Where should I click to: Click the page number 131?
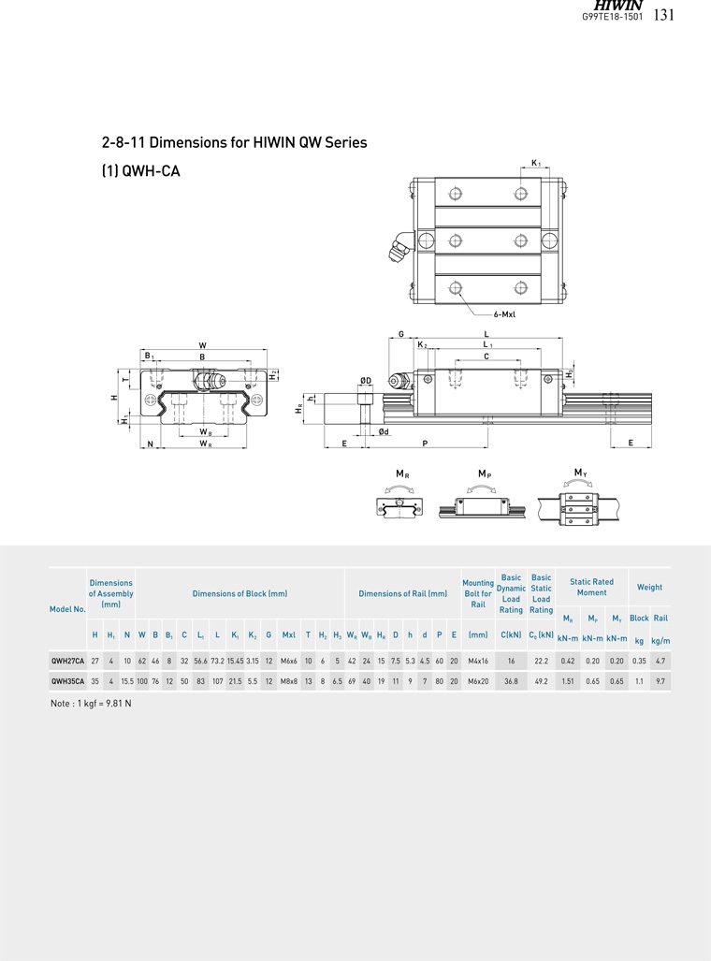(x=664, y=15)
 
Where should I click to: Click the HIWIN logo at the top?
(x=617, y=5)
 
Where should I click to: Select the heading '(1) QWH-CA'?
(x=141, y=171)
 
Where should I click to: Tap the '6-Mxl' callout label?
(x=504, y=314)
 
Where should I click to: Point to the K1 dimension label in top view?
(x=536, y=163)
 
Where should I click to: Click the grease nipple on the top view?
(x=399, y=248)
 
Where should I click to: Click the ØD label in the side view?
(x=365, y=381)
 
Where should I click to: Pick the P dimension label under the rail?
(x=425, y=444)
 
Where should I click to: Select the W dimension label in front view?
(x=203, y=345)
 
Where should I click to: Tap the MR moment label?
(x=402, y=473)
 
